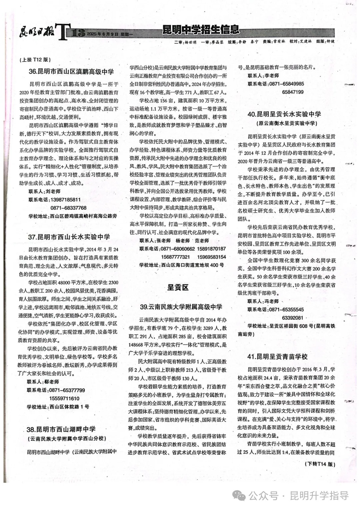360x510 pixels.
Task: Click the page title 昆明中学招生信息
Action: click(x=201, y=30)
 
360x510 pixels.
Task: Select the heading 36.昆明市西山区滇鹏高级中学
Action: click(x=71, y=71)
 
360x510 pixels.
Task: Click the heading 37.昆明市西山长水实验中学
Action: click(x=69, y=237)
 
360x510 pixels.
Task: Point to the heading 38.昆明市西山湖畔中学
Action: click(x=61, y=429)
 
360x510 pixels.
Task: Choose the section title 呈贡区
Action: click(x=178, y=288)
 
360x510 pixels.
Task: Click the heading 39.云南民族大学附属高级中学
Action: click(x=181, y=307)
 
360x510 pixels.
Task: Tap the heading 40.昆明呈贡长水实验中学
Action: click(x=284, y=114)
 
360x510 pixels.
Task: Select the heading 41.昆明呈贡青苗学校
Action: click(x=277, y=357)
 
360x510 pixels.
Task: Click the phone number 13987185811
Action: click(x=66, y=199)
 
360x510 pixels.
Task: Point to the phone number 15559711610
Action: click(x=64, y=398)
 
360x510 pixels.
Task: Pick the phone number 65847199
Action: click(x=293, y=92)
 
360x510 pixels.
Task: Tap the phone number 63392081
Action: click(x=293, y=318)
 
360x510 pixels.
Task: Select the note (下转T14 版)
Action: click(x=320, y=464)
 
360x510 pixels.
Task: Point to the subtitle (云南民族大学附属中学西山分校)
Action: click(x=66, y=439)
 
